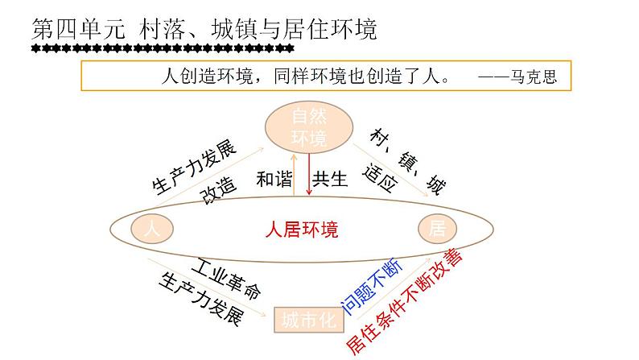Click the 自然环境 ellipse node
[309, 127]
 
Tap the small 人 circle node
[150, 229]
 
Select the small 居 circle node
[437, 229]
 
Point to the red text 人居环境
[302, 230]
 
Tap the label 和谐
[274, 179]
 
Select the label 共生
[330, 179]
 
